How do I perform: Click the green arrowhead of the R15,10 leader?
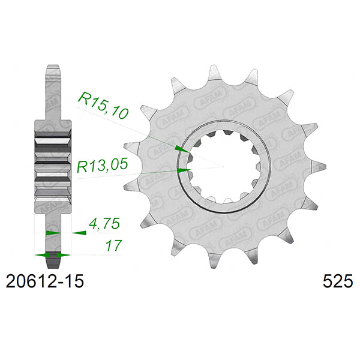tap(179, 148)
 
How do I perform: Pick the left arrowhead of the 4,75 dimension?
tap(53, 232)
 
